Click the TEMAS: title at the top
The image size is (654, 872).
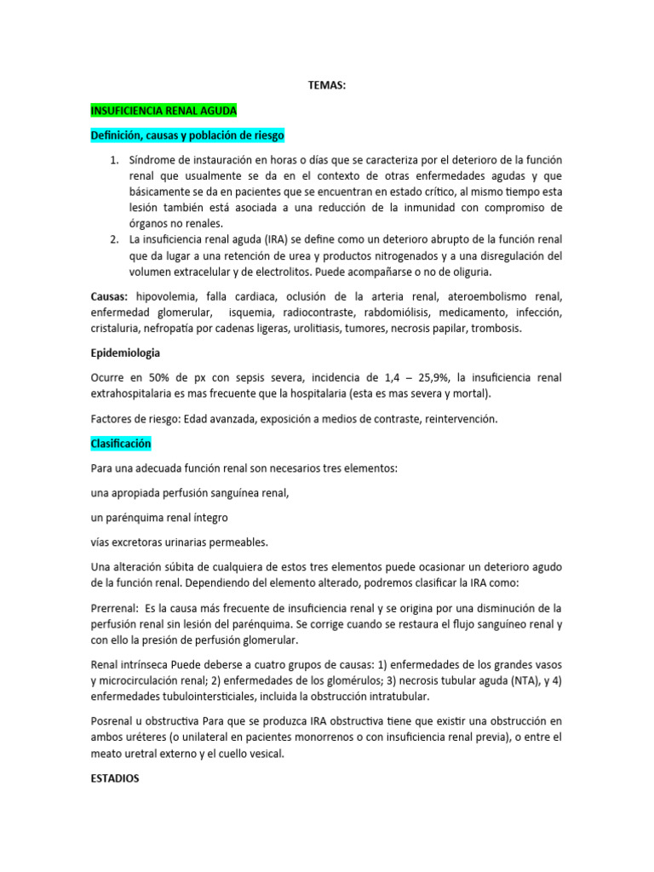click(x=326, y=87)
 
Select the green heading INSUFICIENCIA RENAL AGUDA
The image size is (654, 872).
click(x=163, y=112)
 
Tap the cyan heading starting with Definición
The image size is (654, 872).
click(x=187, y=135)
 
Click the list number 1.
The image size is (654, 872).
click(x=114, y=161)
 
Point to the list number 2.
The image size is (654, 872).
click(x=114, y=240)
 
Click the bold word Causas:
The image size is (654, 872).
click(x=109, y=296)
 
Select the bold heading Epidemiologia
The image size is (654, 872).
click(x=125, y=353)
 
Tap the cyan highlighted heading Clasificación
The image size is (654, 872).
click(x=120, y=444)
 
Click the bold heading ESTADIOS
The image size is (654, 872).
click(x=114, y=778)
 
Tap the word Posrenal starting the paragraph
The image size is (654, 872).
click(x=112, y=721)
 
